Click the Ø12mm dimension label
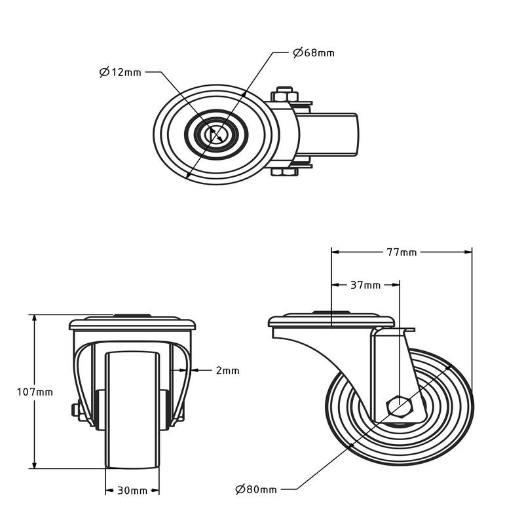coord(121,72)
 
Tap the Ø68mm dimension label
coord(313,52)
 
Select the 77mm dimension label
coord(402,251)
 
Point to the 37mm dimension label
coord(365,285)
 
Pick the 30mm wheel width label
coord(132,491)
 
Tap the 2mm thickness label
coord(227,371)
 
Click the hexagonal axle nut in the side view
coord(400,407)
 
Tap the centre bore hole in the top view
coord(215,135)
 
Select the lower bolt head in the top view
coord(284,172)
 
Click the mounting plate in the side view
coord(331,322)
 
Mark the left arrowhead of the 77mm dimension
coord(335,251)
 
